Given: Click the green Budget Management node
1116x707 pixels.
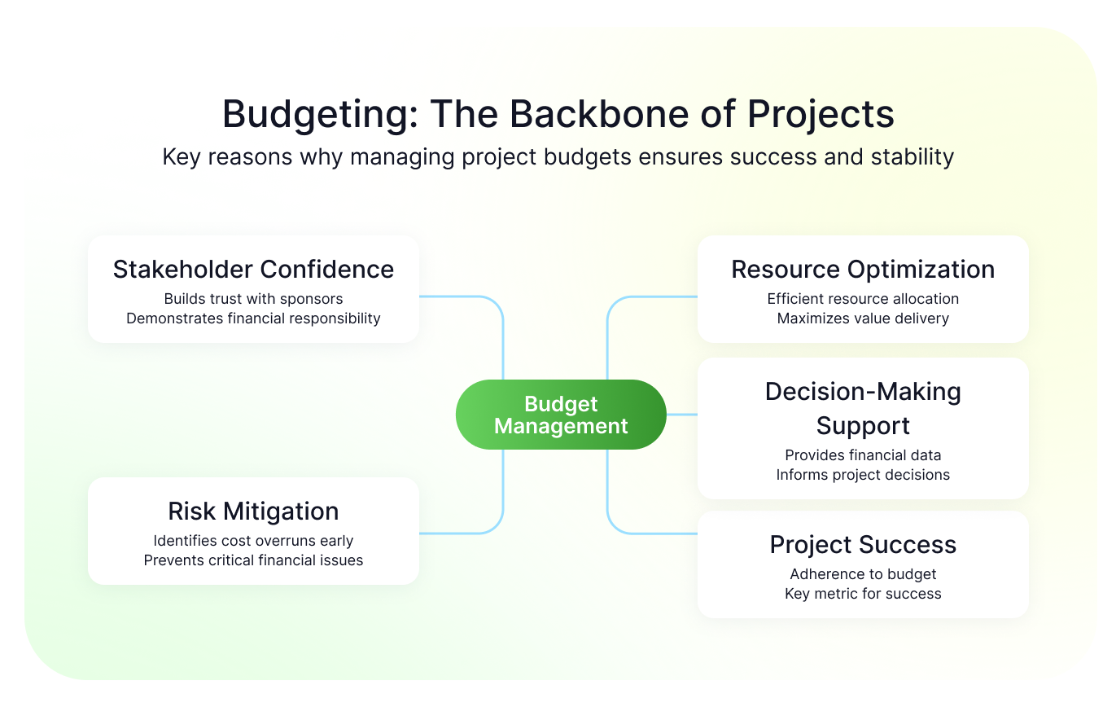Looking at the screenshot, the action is coord(561,415).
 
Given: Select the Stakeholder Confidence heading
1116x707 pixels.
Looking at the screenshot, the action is coord(253,270).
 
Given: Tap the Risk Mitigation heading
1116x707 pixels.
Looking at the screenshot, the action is coord(253,512).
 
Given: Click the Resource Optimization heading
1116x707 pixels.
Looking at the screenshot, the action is coord(863,270).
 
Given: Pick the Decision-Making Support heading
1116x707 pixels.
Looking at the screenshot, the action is coord(863,409).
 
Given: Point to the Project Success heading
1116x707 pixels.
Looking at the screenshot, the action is coord(863,545).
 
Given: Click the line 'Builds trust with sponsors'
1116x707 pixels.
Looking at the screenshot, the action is coord(253,299).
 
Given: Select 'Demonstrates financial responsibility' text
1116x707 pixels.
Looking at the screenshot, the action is coord(253,318).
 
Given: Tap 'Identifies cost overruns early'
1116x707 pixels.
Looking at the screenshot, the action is coord(253,541).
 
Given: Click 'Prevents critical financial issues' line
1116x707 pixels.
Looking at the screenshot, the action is coord(253,560).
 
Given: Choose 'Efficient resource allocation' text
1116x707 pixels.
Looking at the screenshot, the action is coord(863,299).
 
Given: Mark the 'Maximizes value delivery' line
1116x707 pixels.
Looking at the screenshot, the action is coord(863,318).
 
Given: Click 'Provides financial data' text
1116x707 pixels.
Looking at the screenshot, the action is coord(863,455).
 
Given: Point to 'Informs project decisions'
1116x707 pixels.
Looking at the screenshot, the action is coord(863,475).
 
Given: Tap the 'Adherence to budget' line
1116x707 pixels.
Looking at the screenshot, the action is coord(863,574).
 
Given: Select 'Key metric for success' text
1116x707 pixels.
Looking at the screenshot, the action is coord(863,593).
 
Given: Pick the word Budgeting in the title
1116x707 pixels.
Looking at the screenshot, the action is coord(319,116).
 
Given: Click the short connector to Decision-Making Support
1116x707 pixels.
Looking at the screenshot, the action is coord(682,415).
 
